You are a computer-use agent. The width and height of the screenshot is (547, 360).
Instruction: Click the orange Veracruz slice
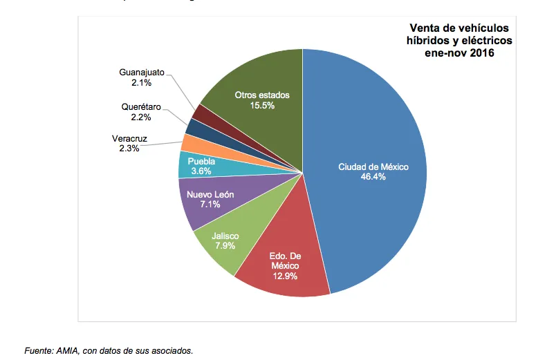click(x=192, y=142)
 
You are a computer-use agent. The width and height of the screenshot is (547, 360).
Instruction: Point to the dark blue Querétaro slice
click(x=196, y=126)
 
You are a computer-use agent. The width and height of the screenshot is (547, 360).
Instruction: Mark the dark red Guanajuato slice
click(x=201, y=113)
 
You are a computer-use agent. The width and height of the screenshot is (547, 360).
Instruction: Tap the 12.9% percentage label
click(x=286, y=276)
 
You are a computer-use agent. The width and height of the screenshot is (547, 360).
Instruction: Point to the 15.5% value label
click(x=262, y=106)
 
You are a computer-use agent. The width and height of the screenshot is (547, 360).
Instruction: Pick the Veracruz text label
click(x=130, y=138)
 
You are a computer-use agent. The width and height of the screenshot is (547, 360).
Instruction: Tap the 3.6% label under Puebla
click(x=201, y=171)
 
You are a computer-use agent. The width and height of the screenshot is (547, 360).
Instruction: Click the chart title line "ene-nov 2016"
click(x=458, y=53)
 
